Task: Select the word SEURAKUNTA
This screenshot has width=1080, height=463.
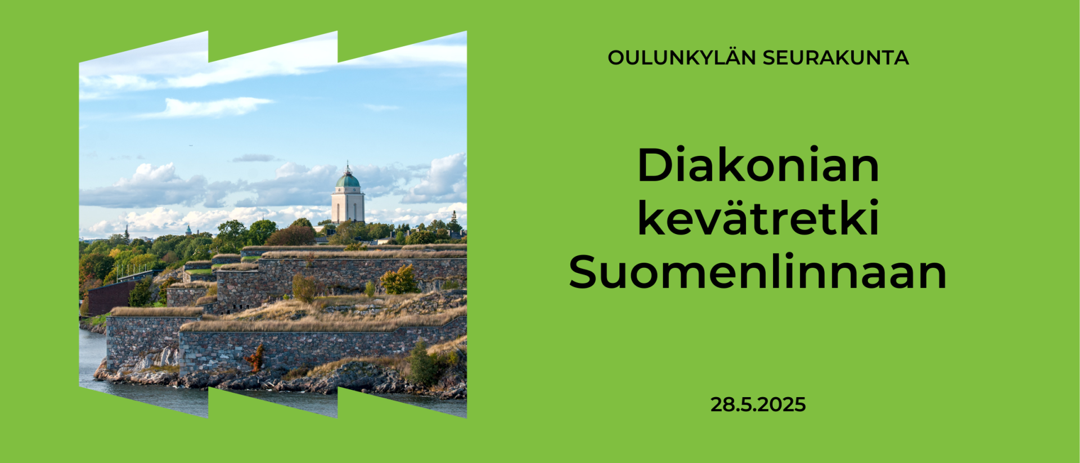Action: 836,58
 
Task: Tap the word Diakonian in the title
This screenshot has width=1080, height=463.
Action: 758,165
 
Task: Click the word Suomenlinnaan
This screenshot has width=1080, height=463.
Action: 758,272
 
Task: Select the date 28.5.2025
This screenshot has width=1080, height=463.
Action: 758,404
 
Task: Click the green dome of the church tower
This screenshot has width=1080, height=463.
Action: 348,180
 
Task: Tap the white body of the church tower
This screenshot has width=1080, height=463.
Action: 348,206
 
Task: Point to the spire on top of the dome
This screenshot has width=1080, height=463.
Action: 348,167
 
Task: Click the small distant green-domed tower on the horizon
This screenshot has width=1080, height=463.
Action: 188,230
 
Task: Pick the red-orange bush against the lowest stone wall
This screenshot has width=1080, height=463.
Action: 256,358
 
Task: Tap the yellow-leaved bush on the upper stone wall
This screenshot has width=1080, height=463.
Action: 399,280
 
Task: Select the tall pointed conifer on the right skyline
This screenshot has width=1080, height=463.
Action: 453,222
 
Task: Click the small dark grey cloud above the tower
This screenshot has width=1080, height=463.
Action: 254,158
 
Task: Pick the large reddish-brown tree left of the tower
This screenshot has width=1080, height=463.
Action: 291,236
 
